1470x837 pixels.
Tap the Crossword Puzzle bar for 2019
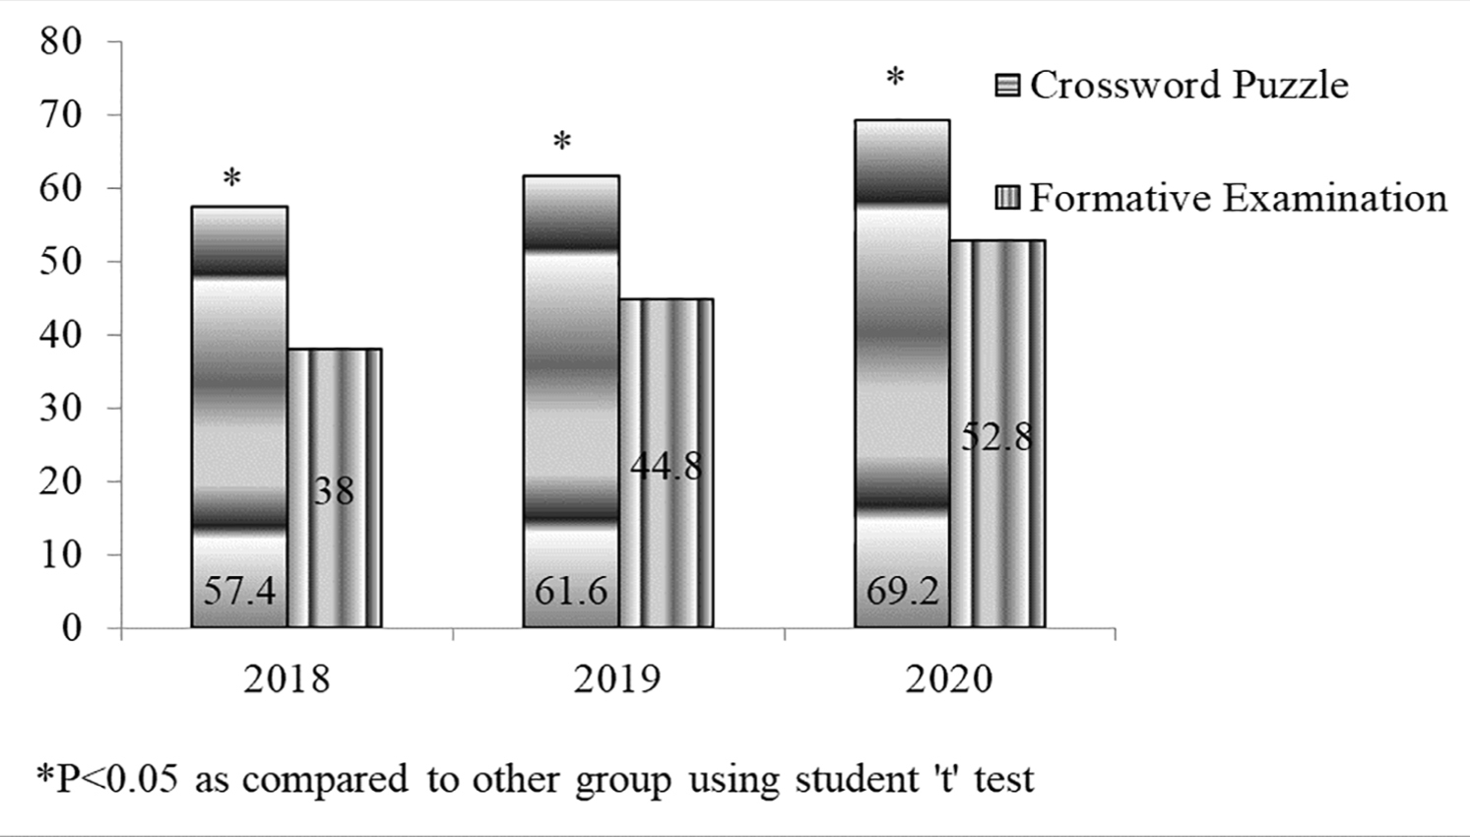[x=571, y=394]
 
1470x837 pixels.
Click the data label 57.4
[x=239, y=591]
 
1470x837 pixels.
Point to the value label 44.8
[x=667, y=466]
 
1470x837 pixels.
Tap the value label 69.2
[x=902, y=591]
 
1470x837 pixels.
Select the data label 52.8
[x=997, y=436]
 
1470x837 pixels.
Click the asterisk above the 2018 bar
[x=231, y=179]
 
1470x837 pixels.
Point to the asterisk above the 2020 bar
[x=895, y=78]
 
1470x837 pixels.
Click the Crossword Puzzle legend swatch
[x=1007, y=86]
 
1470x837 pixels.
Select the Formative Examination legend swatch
[x=1007, y=199]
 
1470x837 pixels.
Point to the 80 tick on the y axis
[x=61, y=41]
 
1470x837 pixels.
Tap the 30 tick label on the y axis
[x=61, y=408]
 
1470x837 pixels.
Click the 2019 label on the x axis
[x=617, y=679]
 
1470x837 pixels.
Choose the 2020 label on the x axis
[x=949, y=679]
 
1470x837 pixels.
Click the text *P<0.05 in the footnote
[x=108, y=779]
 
